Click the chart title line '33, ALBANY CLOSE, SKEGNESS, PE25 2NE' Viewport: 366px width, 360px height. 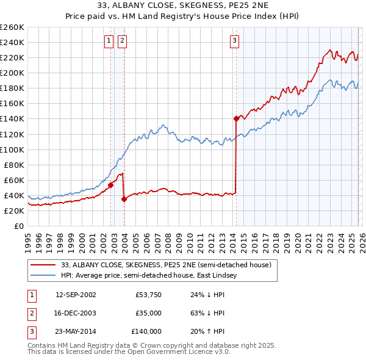pyautogui.click(x=182, y=5)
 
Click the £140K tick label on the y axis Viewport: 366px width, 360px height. pyautogui.click(x=12, y=118)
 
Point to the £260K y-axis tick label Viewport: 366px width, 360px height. pyautogui.click(x=12, y=27)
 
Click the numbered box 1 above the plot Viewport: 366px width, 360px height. pyautogui.click(x=109, y=41)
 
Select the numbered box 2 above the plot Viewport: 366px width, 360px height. pyautogui.click(x=122, y=41)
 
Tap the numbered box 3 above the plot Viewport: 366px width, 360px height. pyautogui.click(x=234, y=41)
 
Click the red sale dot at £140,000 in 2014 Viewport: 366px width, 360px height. pyautogui.click(x=236, y=118)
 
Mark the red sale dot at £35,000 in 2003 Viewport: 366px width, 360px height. pyautogui.click(x=124, y=199)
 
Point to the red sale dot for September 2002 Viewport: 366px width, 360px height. pyautogui.click(x=110, y=185)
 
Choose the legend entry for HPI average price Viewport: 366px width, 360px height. pyautogui.click(x=152, y=276)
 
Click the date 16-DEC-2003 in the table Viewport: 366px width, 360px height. pyautogui.click(x=76, y=313)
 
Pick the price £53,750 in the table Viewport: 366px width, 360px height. pyautogui.click(x=148, y=295)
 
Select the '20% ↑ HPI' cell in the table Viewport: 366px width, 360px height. pyautogui.click(x=207, y=331)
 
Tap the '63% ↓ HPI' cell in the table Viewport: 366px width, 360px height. pyautogui.click(x=207, y=313)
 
